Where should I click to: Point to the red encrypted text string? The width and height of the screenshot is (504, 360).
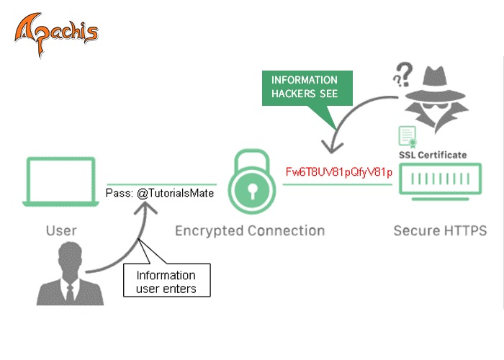338,173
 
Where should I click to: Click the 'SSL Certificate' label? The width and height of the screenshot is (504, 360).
433,155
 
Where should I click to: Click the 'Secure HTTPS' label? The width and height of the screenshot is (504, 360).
440,231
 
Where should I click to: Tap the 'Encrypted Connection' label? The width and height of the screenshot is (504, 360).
250,231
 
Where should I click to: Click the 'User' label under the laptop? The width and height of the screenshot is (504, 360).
61,231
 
